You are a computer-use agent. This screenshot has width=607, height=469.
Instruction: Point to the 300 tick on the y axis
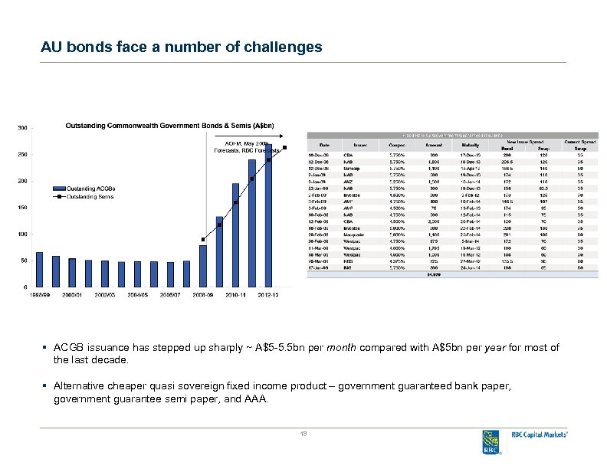[23, 128]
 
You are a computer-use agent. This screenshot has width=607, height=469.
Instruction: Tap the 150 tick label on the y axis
[23, 208]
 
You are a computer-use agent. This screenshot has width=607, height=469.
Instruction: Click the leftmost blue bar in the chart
[40, 269]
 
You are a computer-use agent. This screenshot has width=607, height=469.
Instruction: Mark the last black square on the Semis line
[284, 147]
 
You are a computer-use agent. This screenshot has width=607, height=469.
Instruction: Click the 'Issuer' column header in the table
[360, 144]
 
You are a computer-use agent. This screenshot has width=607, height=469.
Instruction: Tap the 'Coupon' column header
[397, 144]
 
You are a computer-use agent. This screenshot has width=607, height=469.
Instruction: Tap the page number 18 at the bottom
[303, 435]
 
